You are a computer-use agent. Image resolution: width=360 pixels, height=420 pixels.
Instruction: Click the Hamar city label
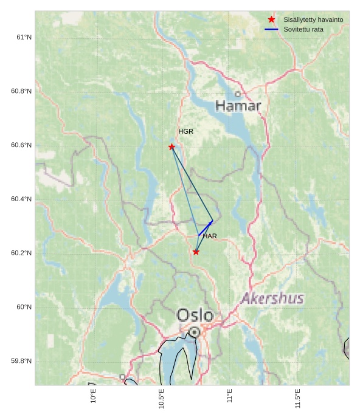(x=238, y=106)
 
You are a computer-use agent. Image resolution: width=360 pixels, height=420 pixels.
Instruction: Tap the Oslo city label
(x=195, y=315)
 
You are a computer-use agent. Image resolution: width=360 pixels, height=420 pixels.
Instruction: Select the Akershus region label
(x=272, y=298)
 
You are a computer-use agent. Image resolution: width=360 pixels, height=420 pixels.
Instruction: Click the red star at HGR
(x=171, y=146)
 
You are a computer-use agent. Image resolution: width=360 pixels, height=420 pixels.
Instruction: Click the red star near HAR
(x=196, y=252)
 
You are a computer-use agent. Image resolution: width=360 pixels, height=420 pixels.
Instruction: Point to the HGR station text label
(x=185, y=131)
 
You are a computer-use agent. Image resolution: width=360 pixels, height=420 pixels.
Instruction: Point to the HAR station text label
(x=210, y=236)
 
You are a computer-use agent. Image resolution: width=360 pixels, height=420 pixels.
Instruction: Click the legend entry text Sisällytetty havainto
(x=313, y=19)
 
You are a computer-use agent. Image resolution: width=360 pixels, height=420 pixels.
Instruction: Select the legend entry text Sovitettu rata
(x=303, y=29)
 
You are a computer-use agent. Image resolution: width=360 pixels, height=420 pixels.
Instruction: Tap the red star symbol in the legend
(x=271, y=19)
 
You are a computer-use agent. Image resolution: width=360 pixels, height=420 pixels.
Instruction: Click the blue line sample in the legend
(x=271, y=29)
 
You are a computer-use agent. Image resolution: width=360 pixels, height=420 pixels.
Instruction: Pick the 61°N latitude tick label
(x=24, y=37)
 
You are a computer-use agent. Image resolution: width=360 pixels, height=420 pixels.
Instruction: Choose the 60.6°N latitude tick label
(x=21, y=145)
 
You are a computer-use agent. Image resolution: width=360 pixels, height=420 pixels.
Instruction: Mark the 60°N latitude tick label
(x=24, y=307)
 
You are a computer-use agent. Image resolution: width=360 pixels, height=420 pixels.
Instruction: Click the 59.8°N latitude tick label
(x=21, y=361)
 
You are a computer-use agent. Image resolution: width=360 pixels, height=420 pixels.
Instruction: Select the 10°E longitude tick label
(x=93, y=396)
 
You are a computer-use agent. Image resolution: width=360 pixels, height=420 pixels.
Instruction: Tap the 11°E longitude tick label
(x=229, y=396)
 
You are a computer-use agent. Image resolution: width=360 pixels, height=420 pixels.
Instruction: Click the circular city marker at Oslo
(x=194, y=332)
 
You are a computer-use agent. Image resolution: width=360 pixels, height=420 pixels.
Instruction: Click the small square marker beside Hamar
(x=238, y=94)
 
